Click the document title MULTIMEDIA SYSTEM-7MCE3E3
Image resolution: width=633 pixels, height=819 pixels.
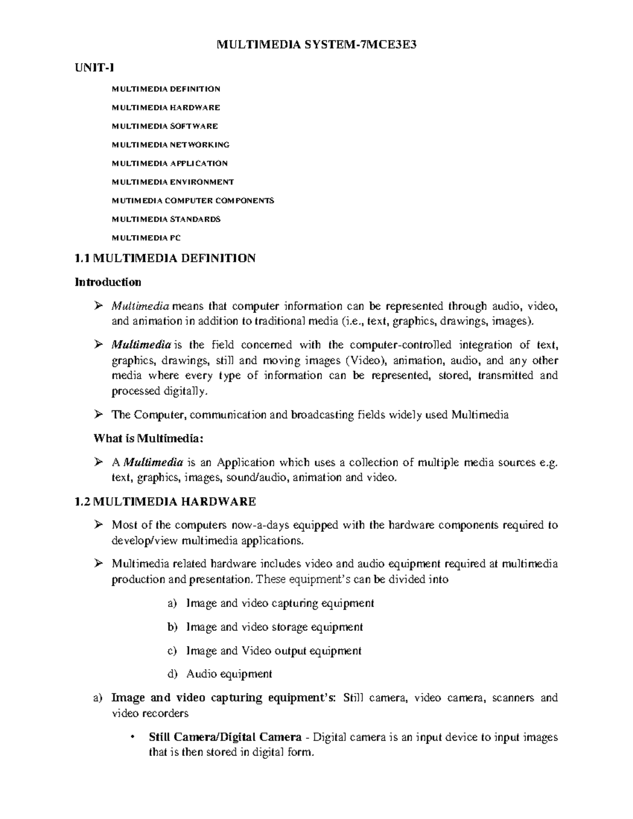[x=316, y=45]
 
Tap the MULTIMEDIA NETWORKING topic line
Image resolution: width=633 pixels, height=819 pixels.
[x=170, y=144]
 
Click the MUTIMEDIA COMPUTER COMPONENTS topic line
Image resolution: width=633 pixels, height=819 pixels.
[x=193, y=200]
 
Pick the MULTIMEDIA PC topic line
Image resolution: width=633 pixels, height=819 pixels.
[x=146, y=238]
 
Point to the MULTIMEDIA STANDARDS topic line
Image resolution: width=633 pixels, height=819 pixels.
[x=166, y=219]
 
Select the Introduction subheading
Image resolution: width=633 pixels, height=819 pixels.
[x=108, y=282]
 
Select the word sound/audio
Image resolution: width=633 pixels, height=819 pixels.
[x=257, y=478]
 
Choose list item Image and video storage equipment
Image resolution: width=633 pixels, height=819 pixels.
[x=274, y=627]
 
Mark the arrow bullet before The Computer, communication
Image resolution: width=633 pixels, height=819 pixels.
[x=98, y=415]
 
